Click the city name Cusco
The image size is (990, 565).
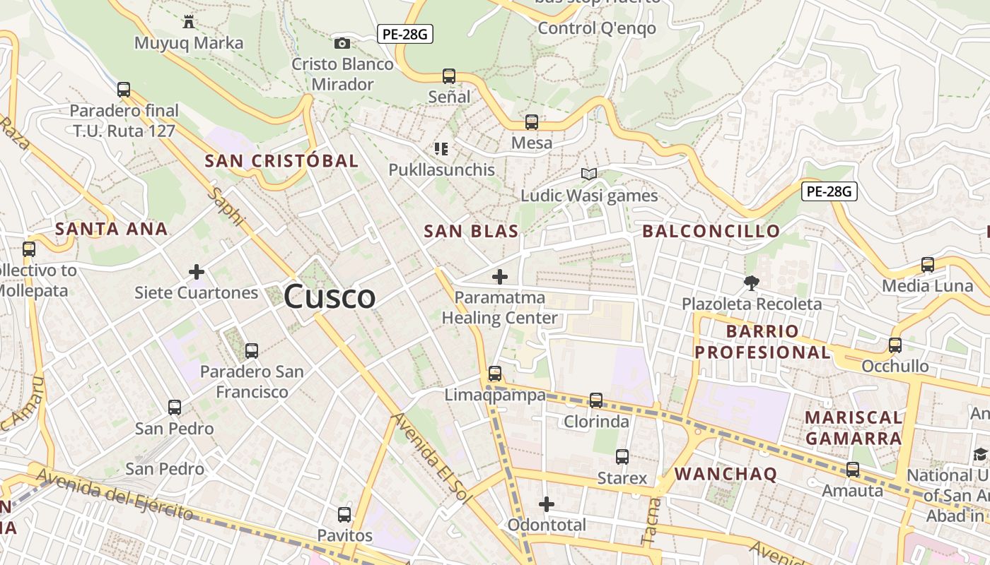(330, 297)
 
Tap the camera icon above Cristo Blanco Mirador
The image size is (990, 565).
(342, 44)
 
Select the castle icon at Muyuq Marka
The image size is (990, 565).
(188, 22)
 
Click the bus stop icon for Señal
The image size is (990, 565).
(448, 76)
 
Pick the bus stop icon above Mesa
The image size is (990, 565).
(531, 122)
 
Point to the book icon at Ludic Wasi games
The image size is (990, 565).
(589, 174)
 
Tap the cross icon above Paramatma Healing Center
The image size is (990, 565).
(500, 277)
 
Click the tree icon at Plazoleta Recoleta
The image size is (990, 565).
(751, 283)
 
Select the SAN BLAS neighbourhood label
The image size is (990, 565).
(471, 231)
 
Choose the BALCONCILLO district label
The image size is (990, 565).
(711, 231)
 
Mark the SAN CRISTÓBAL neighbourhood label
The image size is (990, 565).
(281, 161)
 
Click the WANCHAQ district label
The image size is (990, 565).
(726, 474)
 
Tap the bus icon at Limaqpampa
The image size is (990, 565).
(495, 374)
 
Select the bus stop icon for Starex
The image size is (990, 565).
(622, 457)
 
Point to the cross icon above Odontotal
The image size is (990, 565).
(547, 504)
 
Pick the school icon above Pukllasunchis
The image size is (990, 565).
(441, 149)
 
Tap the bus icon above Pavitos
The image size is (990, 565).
(344, 515)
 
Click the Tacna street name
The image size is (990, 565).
(652, 521)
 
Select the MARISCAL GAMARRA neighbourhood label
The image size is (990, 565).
(854, 428)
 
